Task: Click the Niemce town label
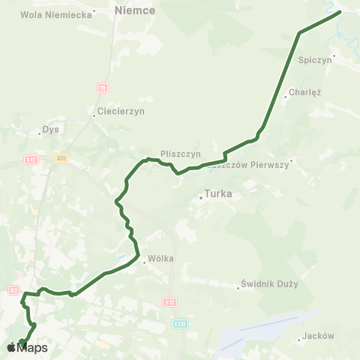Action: pyautogui.click(x=136, y=10)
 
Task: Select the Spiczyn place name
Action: pyautogui.click(x=315, y=60)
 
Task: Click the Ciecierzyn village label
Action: pyautogui.click(x=120, y=111)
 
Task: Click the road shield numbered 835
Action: pyautogui.click(x=61, y=157)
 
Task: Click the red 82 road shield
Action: pyautogui.click(x=13, y=289)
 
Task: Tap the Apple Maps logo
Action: pyautogui.click(x=27, y=347)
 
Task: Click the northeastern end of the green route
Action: pyautogui.click(x=339, y=12)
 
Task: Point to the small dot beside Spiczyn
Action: pyautogui.click(x=335, y=54)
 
